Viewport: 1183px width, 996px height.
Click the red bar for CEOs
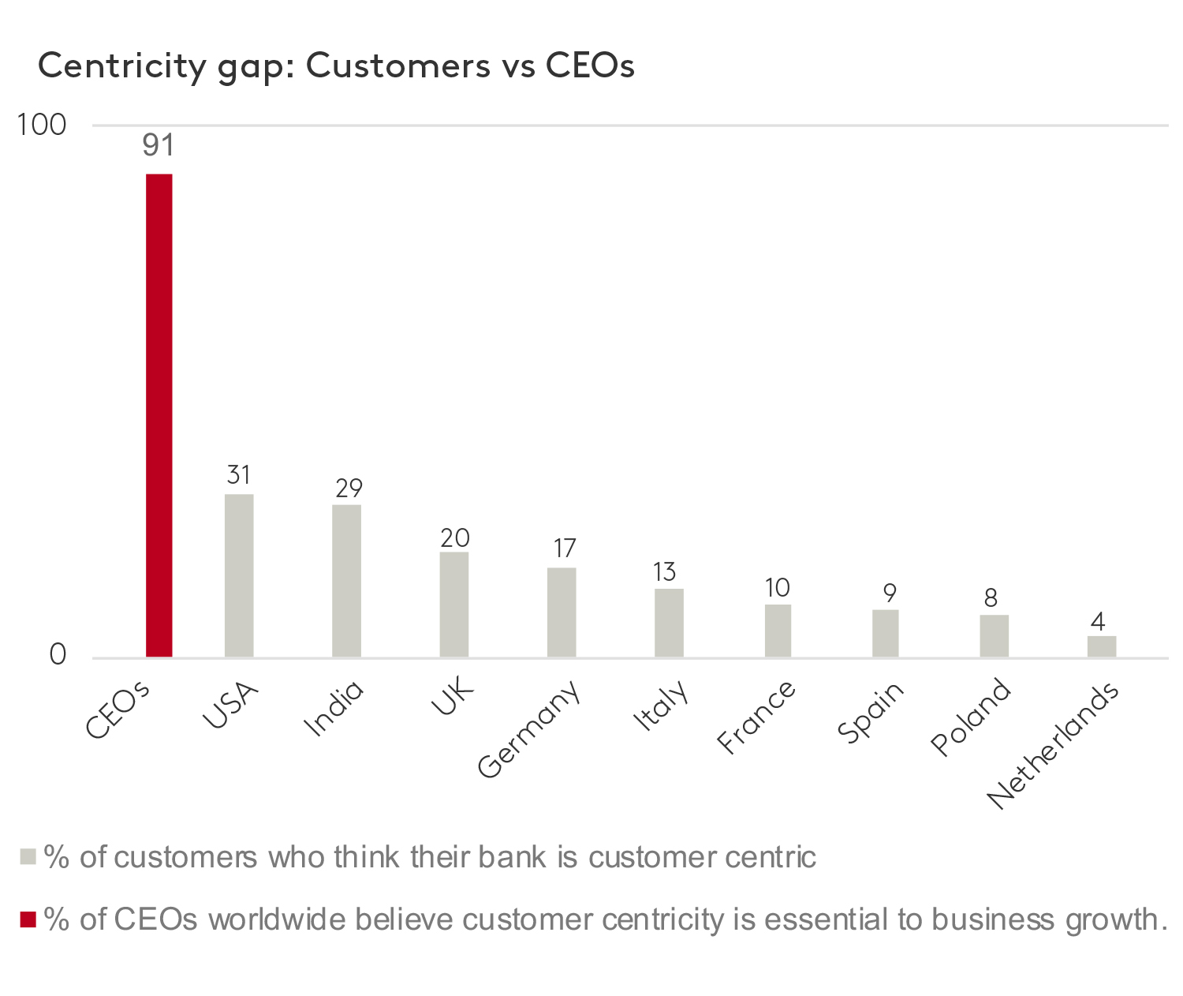point(159,415)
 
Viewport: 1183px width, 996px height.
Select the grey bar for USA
point(239,575)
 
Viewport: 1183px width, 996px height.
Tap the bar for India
point(346,581)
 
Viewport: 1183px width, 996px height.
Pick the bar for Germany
point(562,612)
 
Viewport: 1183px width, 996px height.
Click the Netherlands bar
point(1101,646)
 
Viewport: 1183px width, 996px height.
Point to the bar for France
point(778,631)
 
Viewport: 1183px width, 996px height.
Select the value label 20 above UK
point(455,538)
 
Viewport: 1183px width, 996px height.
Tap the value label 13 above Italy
point(665,572)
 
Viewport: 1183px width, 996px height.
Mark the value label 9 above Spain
point(890,593)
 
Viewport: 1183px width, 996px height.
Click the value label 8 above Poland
point(991,598)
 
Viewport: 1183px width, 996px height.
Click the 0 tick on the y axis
point(58,655)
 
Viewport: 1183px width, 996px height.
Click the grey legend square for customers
point(28,857)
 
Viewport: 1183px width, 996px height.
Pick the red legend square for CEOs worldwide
point(28,919)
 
